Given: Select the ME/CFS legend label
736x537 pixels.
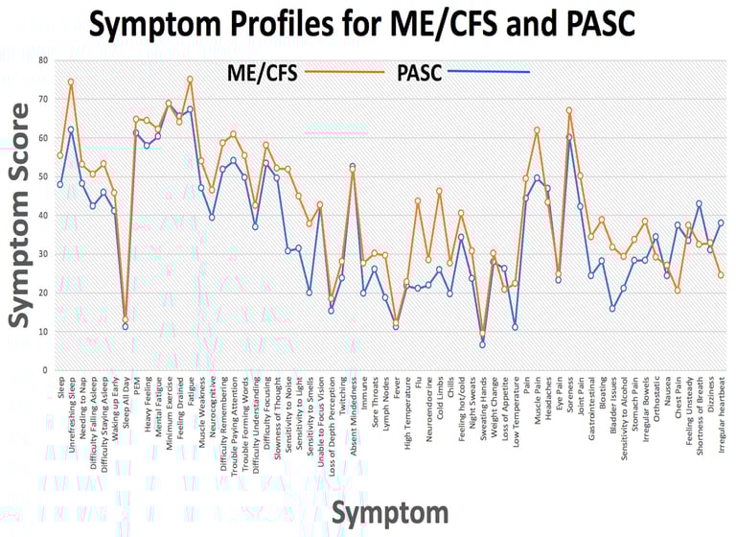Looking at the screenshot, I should click(260, 72).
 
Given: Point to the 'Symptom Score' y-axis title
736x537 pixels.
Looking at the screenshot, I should click(21, 221).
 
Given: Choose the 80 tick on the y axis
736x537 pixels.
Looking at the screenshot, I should click(43, 60).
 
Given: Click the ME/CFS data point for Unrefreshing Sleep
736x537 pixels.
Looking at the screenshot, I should click(71, 82).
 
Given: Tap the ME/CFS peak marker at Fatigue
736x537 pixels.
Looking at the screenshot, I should click(190, 79).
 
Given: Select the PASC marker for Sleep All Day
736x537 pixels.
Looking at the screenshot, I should click(126, 326).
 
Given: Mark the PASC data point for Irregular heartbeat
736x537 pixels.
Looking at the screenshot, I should click(721, 222).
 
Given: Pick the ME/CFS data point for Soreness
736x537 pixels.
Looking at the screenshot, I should click(569, 110).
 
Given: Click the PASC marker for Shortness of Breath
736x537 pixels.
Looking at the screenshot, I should click(700, 203).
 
